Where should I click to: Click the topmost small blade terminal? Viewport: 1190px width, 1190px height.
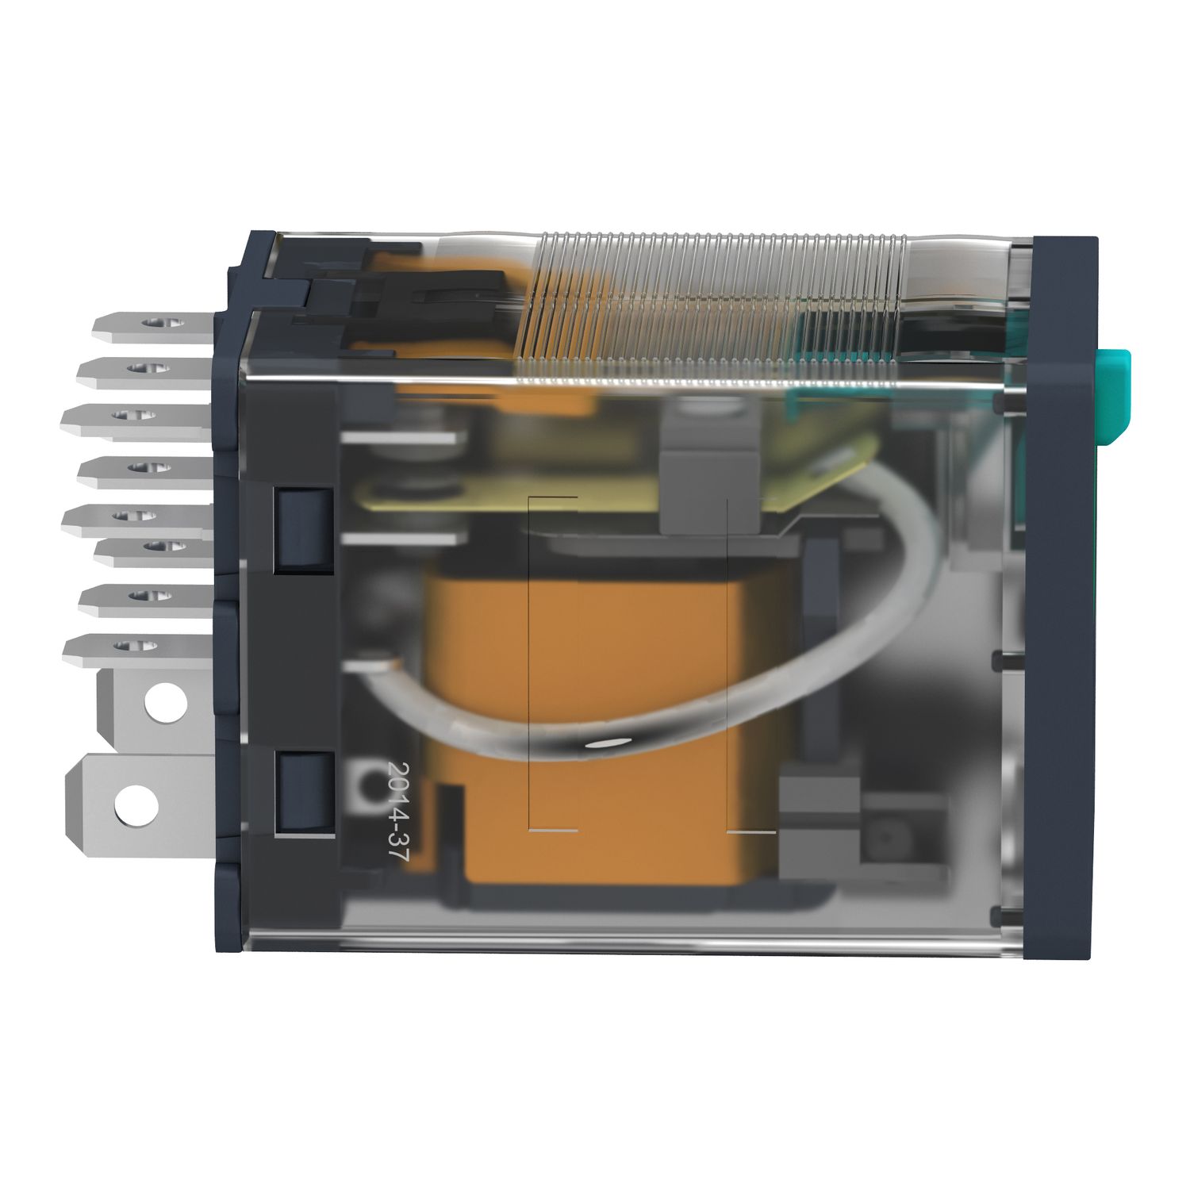click(x=151, y=325)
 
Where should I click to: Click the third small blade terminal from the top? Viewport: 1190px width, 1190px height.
click(x=143, y=416)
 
